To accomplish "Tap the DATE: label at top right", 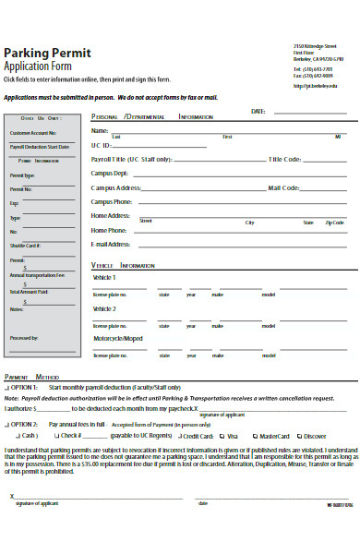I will (x=258, y=111).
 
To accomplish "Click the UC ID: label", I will (x=101, y=146).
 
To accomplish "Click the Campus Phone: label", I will (x=112, y=201).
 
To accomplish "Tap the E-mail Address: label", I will (x=111, y=244).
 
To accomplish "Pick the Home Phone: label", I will (x=109, y=230).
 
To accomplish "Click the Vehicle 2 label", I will (x=104, y=308).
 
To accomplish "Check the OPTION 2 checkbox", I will (x=6, y=423).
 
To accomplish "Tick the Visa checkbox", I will (x=222, y=435).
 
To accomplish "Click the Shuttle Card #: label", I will (x=25, y=246).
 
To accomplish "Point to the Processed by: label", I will (x=24, y=338).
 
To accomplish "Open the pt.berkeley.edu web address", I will (x=315, y=86).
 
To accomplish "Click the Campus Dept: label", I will (x=110, y=174).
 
